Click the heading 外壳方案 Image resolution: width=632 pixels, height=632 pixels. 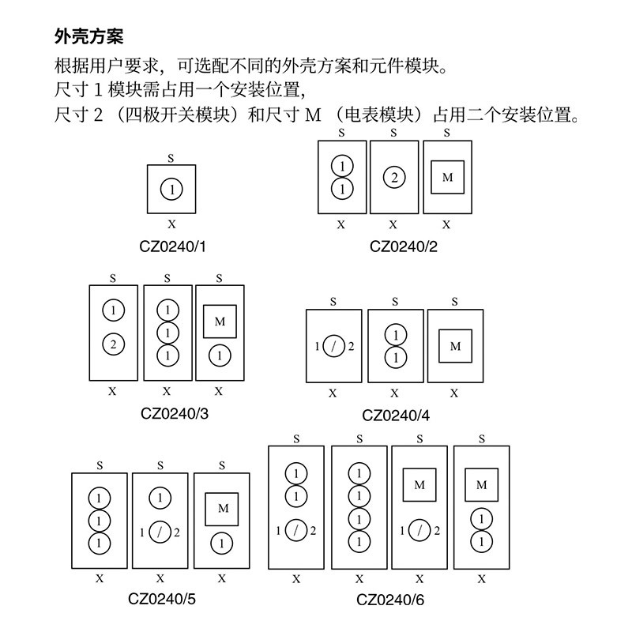click(x=88, y=36)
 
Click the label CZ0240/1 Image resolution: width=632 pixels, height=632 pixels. click(x=171, y=246)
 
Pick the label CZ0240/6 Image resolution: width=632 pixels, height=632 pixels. click(x=390, y=600)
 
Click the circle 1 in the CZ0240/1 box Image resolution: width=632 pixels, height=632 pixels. click(x=171, y=190)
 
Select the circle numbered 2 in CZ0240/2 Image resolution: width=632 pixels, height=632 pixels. click(x=393, y=178)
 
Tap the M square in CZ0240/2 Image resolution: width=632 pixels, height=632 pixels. click(x=447, y=178)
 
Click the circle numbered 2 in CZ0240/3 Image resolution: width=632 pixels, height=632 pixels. click(x=113, y=344)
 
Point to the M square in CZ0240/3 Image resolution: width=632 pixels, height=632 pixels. click(x=220, y=322)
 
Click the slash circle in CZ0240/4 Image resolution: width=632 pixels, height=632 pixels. click(x=333, y=346)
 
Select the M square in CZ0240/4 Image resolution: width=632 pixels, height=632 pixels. click(x=455, y=346)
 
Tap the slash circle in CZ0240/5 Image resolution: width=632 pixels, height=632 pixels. click(x=160, y=532)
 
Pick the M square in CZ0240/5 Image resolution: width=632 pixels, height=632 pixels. click(x=222, y=510)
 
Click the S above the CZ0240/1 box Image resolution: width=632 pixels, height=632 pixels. click(x=171, y=158)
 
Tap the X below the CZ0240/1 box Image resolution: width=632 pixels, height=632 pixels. click(x=171, y=224)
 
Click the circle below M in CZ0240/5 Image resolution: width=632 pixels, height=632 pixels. click(x=222, y=544)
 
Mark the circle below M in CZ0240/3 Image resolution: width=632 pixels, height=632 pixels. click(x=220, y=355)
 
